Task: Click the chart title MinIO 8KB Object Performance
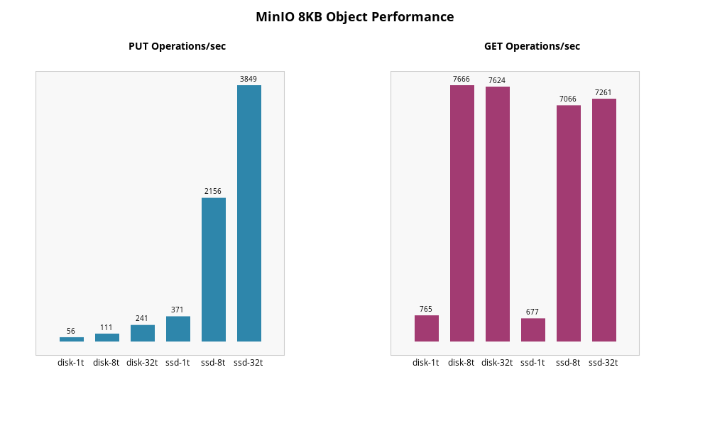pos(354,17)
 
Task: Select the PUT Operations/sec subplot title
pos(177,46)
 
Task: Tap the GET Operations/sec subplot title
pos(532,46)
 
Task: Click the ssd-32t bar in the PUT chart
pos(248,213)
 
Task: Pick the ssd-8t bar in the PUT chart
pos(213,270)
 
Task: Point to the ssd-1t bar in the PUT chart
pos(177,329)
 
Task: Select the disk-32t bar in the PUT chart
pos(142,333)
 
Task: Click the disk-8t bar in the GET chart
pos(461,213)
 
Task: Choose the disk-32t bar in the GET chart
pos(497,214)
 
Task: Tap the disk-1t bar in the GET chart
pos(426,328)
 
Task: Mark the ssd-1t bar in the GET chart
pos(532,329)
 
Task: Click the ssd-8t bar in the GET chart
pos(568,223)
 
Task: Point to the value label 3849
pos(248,79)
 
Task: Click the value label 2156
pos(213,191)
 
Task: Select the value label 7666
pos(461,79)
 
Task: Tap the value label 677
pos(532,312)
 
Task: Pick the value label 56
pos(71,331)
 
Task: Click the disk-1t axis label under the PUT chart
pos(71,363)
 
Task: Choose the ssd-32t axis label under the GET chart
pos(603,363)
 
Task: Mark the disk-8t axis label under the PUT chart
pos(106,363)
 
